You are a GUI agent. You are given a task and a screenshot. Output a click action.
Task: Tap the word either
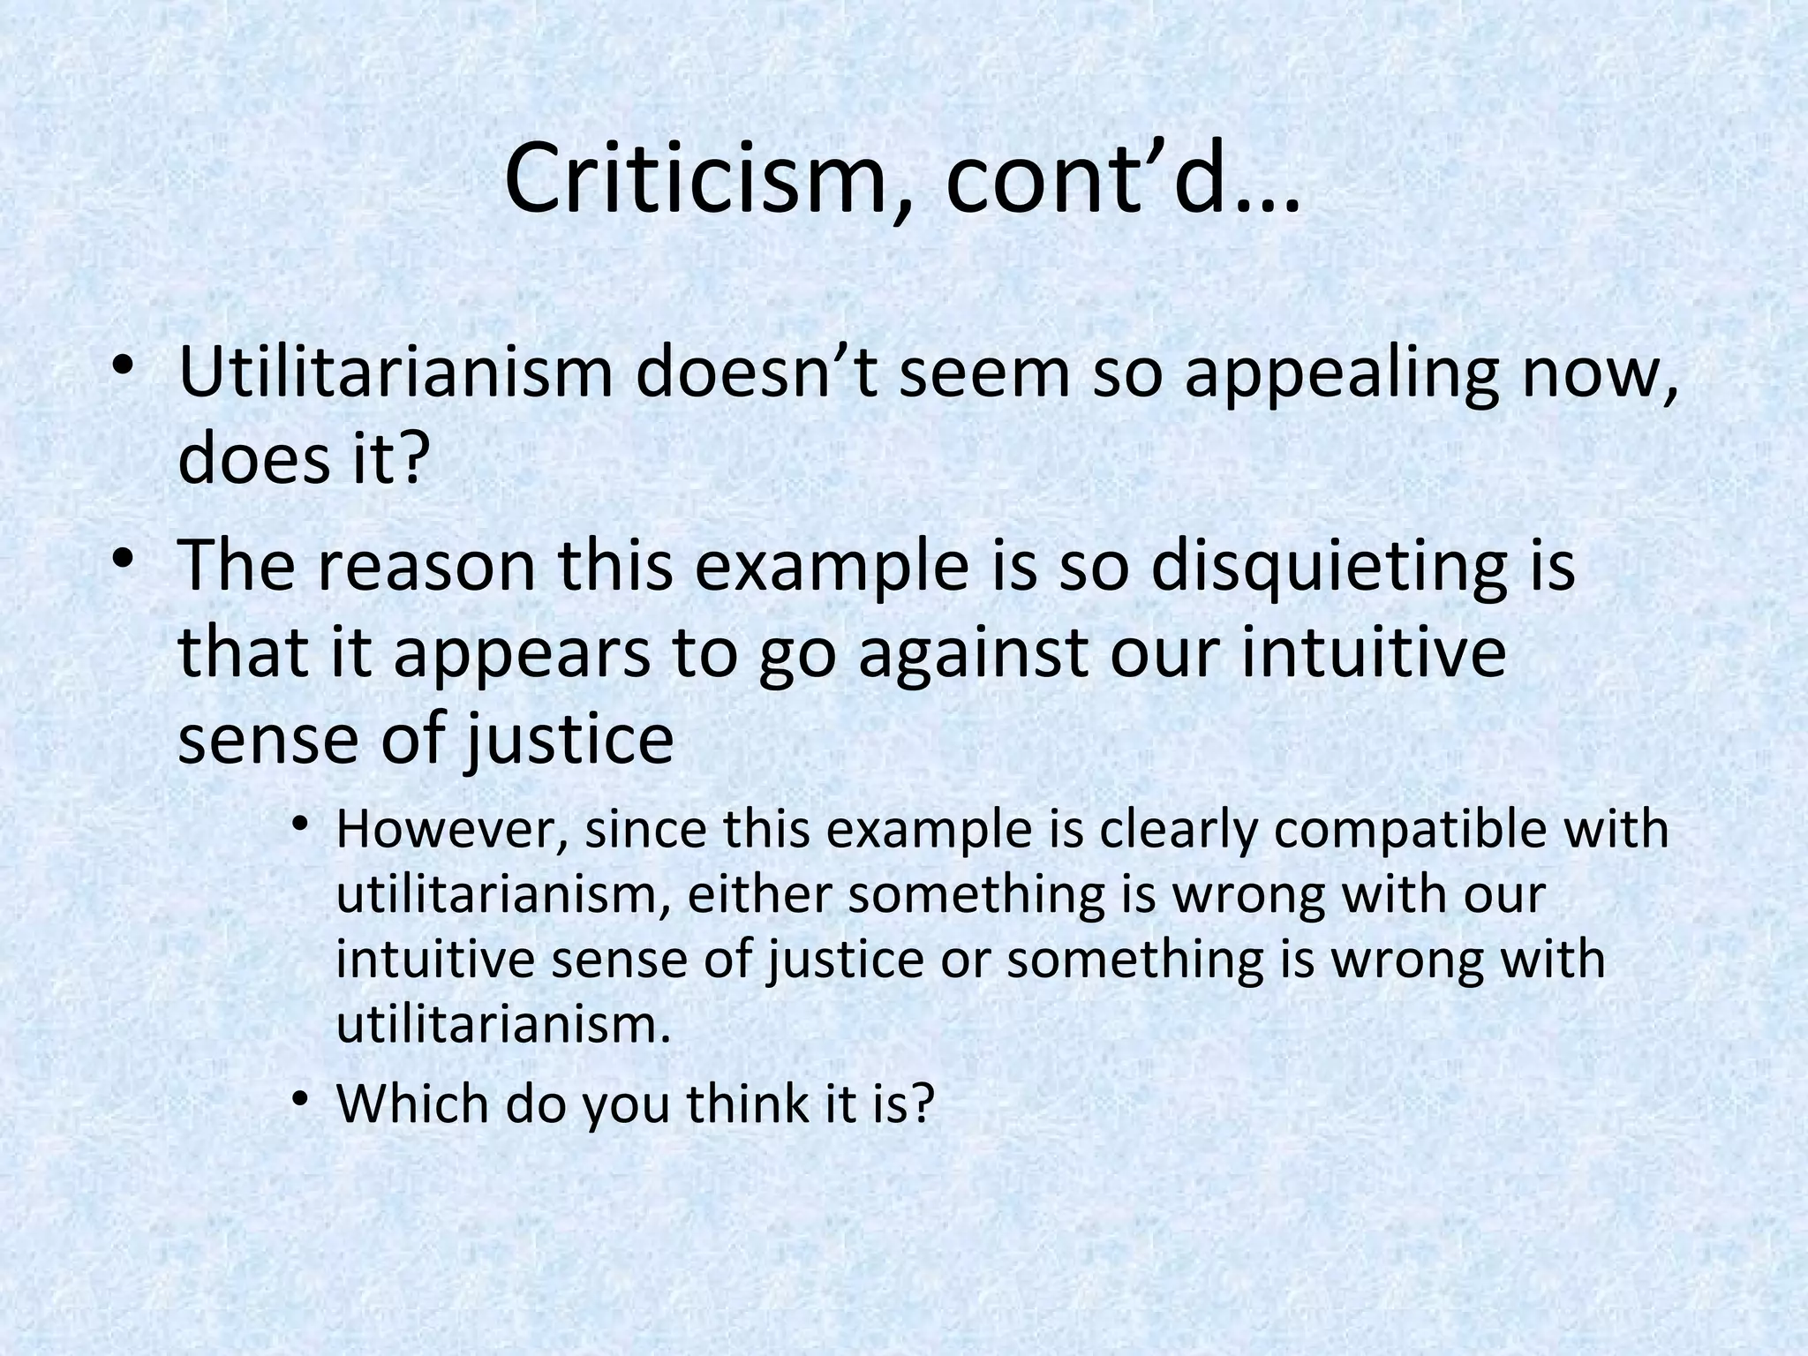coord(757,895)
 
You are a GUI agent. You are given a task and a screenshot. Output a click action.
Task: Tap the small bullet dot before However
coord(301,826)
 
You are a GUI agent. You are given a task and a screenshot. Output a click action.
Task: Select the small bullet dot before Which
coord(301,1099)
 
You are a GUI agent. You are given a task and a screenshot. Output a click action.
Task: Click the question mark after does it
coord(409,459)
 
